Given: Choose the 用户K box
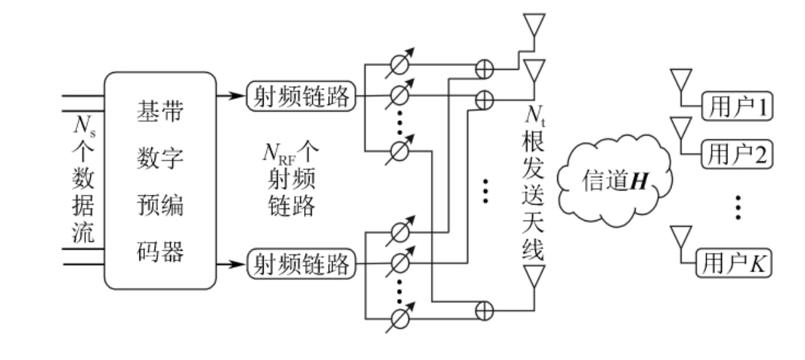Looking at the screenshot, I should (734, 264).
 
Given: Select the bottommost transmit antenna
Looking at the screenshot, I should (534, 275).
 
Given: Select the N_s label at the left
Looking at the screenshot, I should (84, 126).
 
